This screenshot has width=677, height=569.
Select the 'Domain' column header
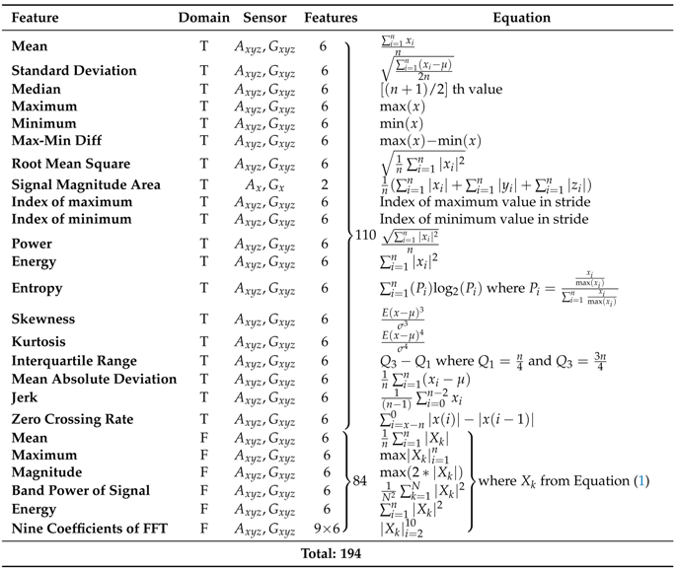pos(204,18)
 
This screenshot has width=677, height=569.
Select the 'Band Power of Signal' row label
pos(81,490)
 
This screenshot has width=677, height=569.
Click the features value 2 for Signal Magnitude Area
pos(324,184)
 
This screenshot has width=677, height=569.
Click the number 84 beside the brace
pos(361,482)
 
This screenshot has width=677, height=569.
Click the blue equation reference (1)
pos(643,481)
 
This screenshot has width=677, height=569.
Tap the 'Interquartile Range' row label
pos(75,361)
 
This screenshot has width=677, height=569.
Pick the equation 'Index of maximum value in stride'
pos(484,202)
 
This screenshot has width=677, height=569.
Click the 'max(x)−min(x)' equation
pos(430,141)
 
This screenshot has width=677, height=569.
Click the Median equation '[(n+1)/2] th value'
pos(441,89)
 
